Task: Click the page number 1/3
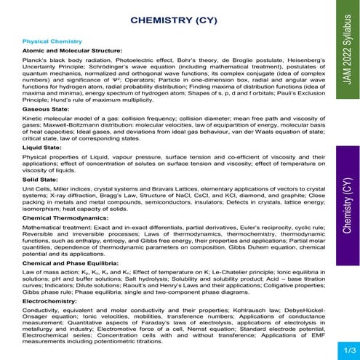tap(342, 351)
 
